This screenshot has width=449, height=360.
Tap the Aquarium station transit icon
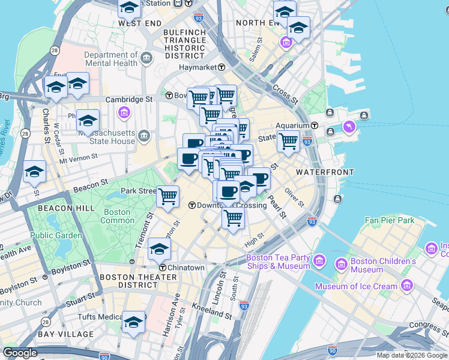click(315, 125)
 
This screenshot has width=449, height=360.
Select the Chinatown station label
click(186, 268)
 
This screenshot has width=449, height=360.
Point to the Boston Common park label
click(117, 216)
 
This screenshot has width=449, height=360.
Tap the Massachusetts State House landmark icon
click(143, 136)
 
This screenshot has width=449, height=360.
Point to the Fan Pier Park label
click(390, 220)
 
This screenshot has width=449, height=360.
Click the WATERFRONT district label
click(325, 172)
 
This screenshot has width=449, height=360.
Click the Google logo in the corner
click(20, 353)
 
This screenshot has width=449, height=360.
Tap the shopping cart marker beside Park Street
click(167, 196)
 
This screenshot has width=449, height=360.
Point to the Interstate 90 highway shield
click(333, 349)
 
